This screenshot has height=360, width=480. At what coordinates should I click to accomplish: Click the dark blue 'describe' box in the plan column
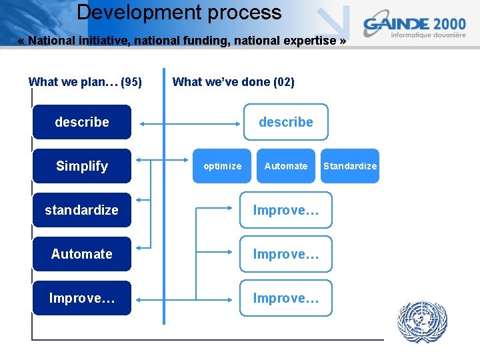82,122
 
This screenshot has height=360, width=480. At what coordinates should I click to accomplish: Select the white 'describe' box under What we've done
285,122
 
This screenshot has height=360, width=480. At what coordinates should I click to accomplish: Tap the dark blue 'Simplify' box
82,166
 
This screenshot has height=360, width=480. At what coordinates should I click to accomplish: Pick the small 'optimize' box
223,166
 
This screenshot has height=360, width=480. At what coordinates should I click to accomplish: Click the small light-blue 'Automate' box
286,166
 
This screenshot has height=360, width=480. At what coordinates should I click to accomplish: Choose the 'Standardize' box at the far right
350,166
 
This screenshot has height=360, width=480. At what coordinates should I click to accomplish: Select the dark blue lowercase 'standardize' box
82,210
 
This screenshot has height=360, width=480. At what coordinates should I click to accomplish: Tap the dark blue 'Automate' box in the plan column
82,254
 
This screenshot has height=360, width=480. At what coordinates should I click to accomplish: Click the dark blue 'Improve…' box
82,298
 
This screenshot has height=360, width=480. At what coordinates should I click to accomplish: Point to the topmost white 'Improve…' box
285,210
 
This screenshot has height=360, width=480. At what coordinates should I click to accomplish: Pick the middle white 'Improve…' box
285,254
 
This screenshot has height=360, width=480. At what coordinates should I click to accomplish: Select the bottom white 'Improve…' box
285,298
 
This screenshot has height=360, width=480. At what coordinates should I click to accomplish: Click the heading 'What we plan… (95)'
85,82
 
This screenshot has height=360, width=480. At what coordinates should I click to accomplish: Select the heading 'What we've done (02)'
233,82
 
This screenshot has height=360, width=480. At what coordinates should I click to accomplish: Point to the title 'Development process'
179,13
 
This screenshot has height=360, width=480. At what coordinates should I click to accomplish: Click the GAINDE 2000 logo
414,27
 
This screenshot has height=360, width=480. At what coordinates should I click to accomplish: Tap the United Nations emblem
422,321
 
